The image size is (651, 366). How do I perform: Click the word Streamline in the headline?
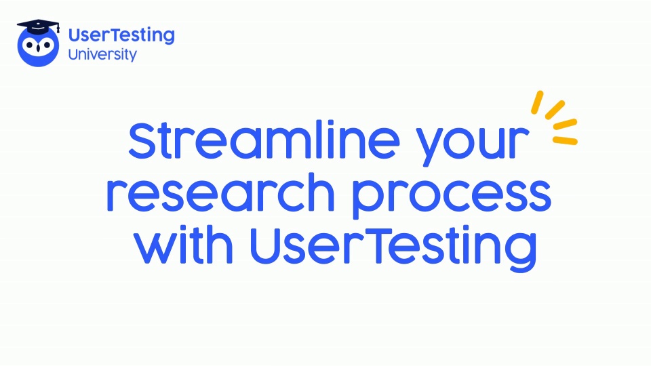[264, 140]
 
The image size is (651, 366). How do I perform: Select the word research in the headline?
[220, 192]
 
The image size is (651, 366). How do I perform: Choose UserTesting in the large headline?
[393, 248]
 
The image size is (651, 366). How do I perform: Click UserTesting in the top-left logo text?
[121, 36]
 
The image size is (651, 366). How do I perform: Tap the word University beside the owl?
[102, 55]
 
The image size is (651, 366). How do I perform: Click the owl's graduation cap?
[37, 26]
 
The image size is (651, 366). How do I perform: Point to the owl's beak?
[38, 47]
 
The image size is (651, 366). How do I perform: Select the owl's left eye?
[29, 45]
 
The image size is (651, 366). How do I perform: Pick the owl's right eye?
[47, 45]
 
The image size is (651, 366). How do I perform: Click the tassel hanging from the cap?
[58, 28]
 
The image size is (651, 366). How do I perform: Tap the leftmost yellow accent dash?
[537, 102]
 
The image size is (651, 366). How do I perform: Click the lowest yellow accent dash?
[565, 141]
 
